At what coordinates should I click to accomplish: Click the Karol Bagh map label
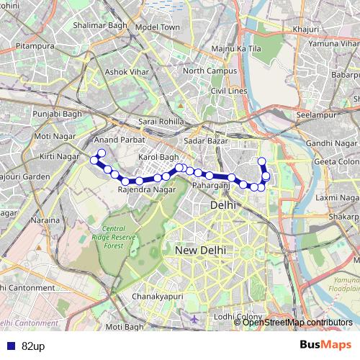pyautogui.click(x=158, y=156)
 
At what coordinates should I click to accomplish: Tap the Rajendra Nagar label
pyautogui.click(x=146, y=189)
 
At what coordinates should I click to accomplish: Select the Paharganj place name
pyautogui.click(x=210, y=186)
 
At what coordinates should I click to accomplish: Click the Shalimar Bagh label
pyautogui.click(x=101, y=24)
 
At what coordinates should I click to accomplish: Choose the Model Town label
pyautogui.click(x=157, y=27)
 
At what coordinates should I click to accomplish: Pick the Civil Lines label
pyautogui.click(x=228, y=91)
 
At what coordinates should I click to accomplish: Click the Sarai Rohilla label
pyautogui.click(x=161, y=122)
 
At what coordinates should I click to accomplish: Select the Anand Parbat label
pyautogui.click(x=116, y=140)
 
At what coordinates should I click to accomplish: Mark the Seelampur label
pyautogui.click(x=317, y=115)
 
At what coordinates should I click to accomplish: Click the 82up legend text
pyautogui.click(x=33, y=346)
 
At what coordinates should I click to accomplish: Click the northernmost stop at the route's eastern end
pyautogui.click(x=261, y=161)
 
